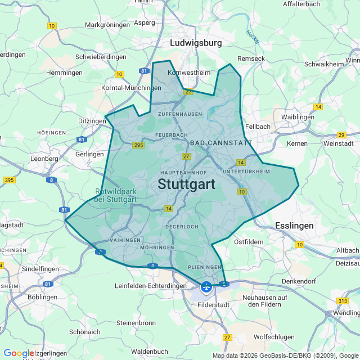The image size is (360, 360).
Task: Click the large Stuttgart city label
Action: (187, 184)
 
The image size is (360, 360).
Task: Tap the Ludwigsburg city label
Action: (196, 43)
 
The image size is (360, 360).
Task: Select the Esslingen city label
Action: (294, 226)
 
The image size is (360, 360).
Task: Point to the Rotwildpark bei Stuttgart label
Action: (116, 195)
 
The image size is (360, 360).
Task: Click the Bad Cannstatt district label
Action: (221, 143)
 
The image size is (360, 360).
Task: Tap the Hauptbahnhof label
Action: (184, 172)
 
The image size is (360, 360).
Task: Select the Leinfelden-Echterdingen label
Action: (150, 286)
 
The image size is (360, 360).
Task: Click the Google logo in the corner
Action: (18, 353)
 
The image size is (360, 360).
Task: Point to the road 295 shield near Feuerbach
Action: (139, 145)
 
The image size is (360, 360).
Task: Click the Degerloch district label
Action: (182, 227)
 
